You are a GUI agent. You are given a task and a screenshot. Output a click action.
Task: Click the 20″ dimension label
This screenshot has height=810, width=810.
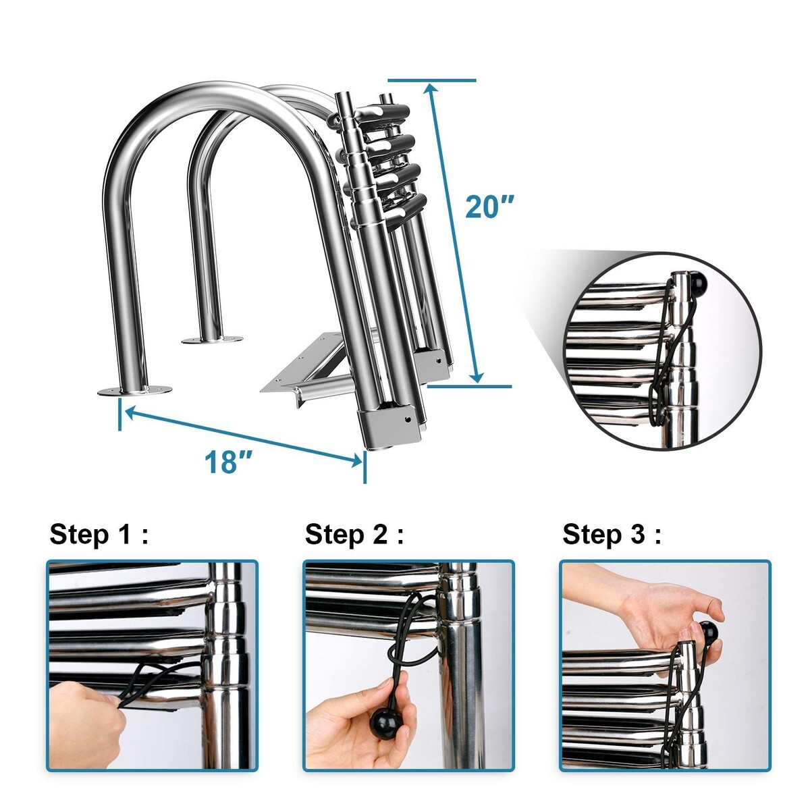489,207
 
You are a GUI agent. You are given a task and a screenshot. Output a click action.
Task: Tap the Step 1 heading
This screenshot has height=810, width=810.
99,535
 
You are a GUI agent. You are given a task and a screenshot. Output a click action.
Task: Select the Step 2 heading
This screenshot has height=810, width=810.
354,535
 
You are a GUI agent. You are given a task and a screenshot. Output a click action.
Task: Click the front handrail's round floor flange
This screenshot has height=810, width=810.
134,390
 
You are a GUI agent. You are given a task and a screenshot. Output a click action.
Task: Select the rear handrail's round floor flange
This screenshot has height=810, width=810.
212,340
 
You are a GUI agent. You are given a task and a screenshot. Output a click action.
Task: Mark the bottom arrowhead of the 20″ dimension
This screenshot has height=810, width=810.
477,377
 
